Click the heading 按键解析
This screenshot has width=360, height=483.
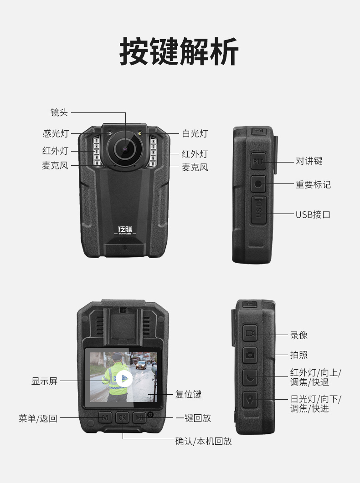click(x=179, y=51)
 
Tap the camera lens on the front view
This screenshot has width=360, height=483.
click(x=125, y=149)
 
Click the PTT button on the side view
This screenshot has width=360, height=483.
click(x=258, y=161)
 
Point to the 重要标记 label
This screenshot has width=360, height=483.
click(x=313, y=184)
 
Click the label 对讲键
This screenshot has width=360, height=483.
click(x=309, y=161)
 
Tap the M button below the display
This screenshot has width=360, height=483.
click(x=105, y=417)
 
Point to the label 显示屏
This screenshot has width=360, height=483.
click(x=44, y=381)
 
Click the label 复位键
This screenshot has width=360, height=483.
click(x=188, y=394)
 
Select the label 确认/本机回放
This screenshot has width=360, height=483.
click(x=203, y=441)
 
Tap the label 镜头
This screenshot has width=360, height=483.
click(x=59, y=112)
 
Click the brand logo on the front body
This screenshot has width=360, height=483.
click(x=125, y=230)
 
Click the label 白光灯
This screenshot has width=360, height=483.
click(x=195, y=133)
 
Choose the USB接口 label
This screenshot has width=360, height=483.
click(x=313, y=214)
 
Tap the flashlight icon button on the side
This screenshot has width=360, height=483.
click(x=250, y=400)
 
